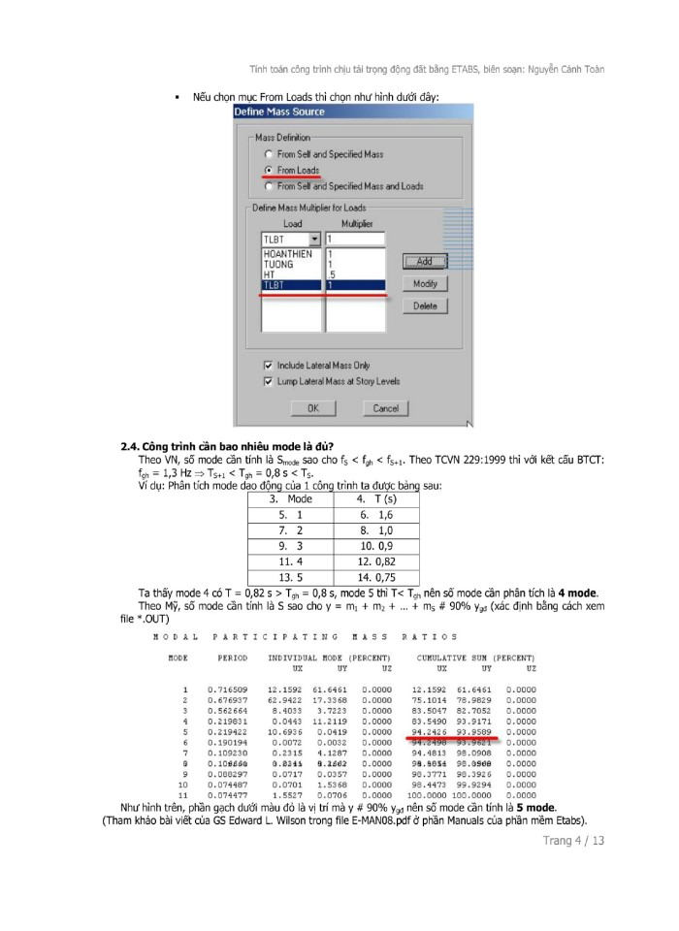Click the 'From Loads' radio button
point(269,170)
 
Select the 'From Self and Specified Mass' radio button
point(269,154)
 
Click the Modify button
point(425,283)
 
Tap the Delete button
point(425,305)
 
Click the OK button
point(312,408)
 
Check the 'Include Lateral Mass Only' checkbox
point(269,366)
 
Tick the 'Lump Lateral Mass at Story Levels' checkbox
point(269,381)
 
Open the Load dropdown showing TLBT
point(312,240)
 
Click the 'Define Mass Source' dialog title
point(279,112)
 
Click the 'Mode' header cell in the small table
point(291,498)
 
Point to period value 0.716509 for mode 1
point(226,689)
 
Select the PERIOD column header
point(233,658)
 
